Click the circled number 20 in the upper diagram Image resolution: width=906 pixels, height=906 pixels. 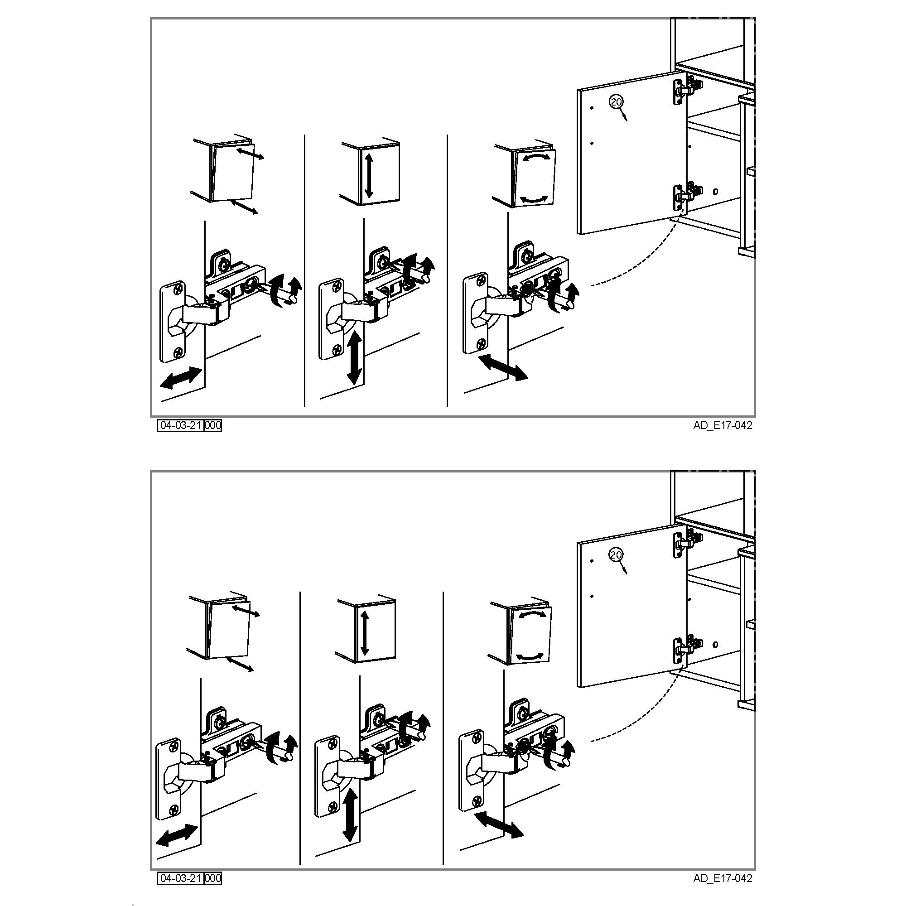615,101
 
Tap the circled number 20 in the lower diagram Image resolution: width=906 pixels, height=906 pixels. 615,555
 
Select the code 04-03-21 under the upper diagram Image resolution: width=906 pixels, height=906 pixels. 181,425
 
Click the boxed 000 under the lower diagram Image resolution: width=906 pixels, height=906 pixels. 213,878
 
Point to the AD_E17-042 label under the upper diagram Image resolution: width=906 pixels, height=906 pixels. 723,426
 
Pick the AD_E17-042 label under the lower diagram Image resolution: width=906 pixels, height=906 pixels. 723,878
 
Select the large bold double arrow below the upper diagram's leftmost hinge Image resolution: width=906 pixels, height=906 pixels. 181,378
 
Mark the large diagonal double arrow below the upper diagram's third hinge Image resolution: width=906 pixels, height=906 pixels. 502,367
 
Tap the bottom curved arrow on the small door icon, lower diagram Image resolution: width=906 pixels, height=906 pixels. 531,656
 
